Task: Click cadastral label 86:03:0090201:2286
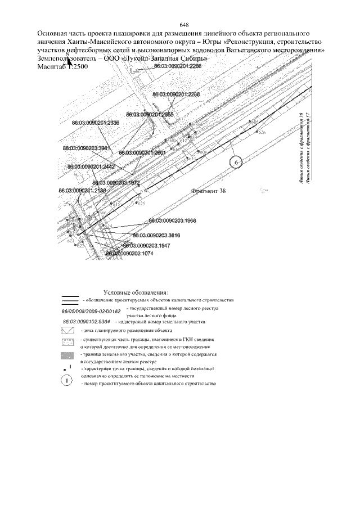pos(177,66)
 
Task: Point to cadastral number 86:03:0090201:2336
pos(96,123)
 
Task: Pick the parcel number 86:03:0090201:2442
pos(91,167)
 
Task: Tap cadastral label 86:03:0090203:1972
pos(116,183)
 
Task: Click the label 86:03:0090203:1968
pos(172,220)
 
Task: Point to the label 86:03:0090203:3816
pos(156,236)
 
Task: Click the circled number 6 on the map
pos(237,162)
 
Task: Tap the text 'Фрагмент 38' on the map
pos(209,191)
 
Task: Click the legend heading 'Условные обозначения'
pos(136,292)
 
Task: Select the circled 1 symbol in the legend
pos(67,380)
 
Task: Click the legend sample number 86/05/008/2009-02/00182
pos(91,310)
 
